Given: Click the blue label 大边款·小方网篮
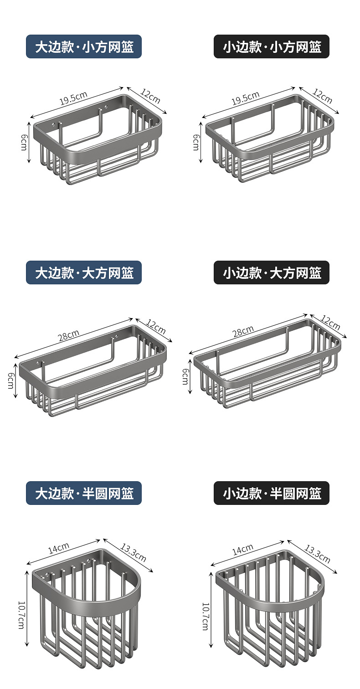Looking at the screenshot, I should (x=84, y=46).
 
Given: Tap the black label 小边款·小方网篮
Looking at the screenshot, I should (x=272, y=46).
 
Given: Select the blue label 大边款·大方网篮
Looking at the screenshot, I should (x=84, y=273).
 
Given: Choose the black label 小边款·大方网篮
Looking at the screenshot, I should (x=272, y=273).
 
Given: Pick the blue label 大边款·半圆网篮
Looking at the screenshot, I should (x=84, y=493).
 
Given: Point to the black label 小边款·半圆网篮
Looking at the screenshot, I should (x=272, y=493).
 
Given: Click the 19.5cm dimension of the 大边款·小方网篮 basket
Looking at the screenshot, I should (x=73, y=98).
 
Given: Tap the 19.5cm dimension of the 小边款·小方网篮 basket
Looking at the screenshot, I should (x=245, y=98).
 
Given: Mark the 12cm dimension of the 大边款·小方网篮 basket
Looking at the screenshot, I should (x=150, y=96).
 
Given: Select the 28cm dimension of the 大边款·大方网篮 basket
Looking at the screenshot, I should (x=68, y=336).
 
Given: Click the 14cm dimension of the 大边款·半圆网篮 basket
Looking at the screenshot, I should (x=59, y=548).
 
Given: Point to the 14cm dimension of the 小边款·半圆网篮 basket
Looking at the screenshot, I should (x=242, y=550).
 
